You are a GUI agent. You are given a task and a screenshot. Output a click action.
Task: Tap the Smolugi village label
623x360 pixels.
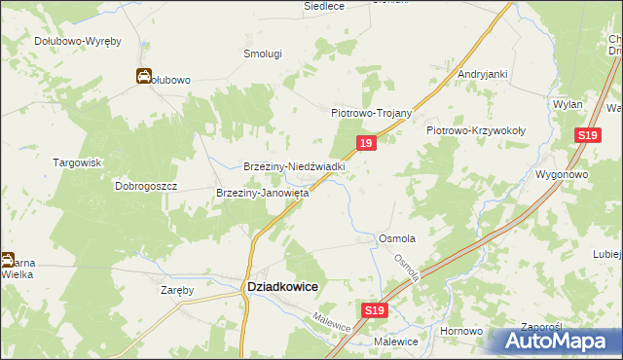tap(262, 54)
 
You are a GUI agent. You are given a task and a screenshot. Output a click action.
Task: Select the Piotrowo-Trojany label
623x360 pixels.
tap(372, 113)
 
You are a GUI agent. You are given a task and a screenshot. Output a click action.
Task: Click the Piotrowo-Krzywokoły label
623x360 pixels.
tap(476, 129)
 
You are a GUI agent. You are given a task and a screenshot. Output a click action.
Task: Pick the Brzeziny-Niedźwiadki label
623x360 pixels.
tap(295, 166)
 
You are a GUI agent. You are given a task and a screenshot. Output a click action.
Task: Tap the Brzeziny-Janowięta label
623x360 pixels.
tap(262, 193)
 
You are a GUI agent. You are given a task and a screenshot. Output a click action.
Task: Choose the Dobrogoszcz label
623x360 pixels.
tap(144, 185)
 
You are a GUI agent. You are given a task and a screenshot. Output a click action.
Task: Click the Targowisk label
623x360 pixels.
tap(78, 162)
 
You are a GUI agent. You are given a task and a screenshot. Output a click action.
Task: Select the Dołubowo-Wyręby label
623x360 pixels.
tap(77, 41)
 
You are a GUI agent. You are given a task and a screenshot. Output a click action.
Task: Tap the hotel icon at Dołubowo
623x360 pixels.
tap(143, 77)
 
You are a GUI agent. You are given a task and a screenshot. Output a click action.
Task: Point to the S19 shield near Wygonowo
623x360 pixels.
tap(586, 137)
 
